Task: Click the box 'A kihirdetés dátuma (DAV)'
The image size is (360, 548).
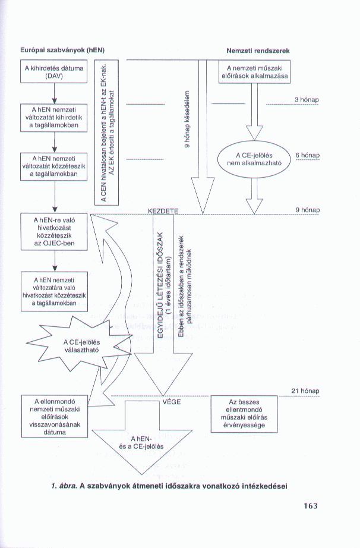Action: (x=54, y=72)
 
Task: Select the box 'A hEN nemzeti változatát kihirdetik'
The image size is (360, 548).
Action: (x=54, y=118)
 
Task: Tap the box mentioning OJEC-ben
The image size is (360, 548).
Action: (x=54, y=232)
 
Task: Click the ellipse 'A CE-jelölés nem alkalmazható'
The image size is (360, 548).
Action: (x=254, y=159)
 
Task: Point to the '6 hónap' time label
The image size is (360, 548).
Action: (x=308, y=155)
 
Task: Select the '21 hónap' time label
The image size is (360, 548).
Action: (x=305, y=390)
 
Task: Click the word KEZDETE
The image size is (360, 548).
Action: (x=163, y=212)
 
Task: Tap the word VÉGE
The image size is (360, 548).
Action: (x=172, y=402)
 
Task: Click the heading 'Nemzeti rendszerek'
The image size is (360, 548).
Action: (x=258, y=51)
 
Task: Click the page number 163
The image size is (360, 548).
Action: (x=311, y=506)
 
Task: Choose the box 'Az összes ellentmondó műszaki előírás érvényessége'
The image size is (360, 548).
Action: (x=244, y=414)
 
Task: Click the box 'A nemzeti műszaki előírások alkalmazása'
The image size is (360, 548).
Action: (x=254, y=72)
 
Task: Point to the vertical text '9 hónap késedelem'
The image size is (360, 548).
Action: (x=187, y=119)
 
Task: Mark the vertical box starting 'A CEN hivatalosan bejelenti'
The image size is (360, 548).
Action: (x=107, y=133)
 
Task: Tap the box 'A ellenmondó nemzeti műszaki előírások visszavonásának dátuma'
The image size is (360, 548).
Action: (x=55, y=416)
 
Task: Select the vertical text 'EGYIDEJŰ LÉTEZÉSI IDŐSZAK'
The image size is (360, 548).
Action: (x=161, y=284)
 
